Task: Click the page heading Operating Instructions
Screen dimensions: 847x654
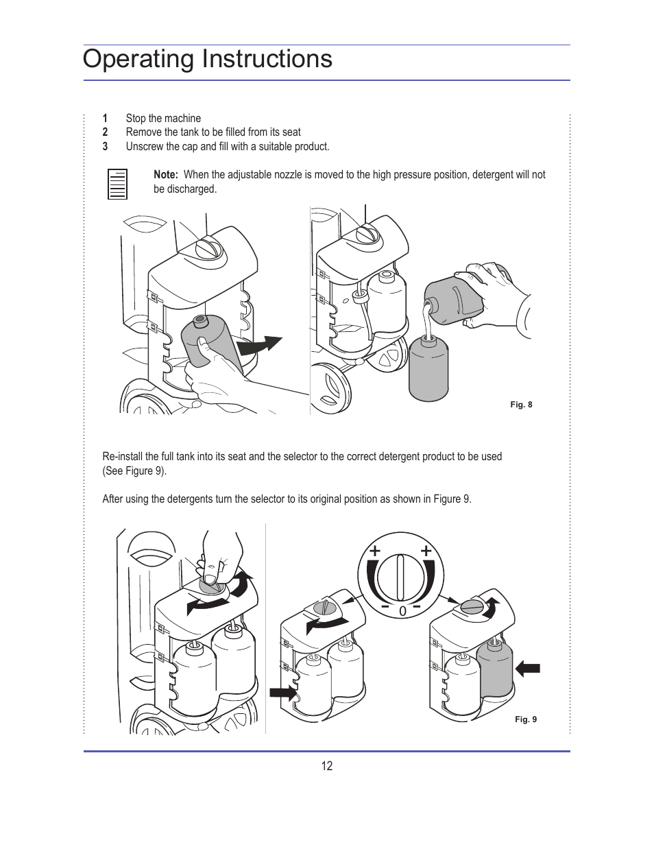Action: [207, 59]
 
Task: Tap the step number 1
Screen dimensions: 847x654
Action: [105, 118]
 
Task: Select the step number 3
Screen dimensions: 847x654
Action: [105, 147]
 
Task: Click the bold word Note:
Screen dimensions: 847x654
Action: [166, 175]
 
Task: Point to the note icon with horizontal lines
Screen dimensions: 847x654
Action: [118, 184]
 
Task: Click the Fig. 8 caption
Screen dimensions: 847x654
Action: [521, 405]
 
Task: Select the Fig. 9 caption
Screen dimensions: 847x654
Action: [526, 719]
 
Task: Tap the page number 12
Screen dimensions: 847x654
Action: [327, 766]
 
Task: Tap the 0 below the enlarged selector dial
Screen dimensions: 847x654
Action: [402, 611]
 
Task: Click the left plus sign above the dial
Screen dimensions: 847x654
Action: [375, 551]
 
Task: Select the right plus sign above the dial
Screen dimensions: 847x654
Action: [426, 551]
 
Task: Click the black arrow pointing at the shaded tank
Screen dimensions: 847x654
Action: [528, 668]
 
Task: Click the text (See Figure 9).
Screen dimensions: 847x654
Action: [134, 471]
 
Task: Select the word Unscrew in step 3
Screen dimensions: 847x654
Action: [144, 147]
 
